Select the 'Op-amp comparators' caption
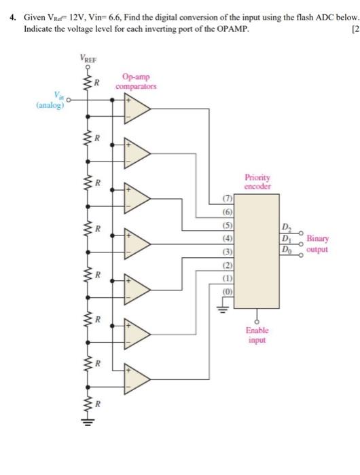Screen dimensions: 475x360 136,83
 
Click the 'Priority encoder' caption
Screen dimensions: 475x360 257,181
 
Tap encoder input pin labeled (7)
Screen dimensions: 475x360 228,199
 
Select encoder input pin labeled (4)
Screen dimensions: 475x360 228,237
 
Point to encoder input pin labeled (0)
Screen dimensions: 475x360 228,290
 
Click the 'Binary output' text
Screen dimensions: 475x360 317,244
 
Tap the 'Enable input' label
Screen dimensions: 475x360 257,335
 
